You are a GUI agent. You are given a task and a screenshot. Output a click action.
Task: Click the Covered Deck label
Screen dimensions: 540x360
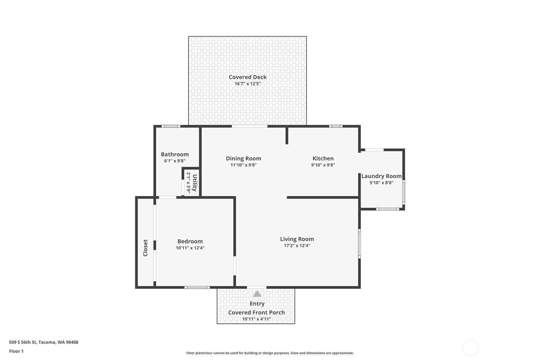(x=248, y=77)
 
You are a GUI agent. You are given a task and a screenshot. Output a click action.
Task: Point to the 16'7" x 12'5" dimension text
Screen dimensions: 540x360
(x=248, y=84)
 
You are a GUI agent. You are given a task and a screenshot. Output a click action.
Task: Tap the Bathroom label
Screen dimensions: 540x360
(x=175, y=154)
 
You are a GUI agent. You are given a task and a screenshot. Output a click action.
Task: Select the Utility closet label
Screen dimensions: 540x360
(x=195, y=182)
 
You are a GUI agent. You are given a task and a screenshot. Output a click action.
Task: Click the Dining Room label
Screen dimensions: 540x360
(x=243, y=159)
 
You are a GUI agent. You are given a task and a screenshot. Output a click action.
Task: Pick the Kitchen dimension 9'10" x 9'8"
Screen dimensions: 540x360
(x=323, y=165)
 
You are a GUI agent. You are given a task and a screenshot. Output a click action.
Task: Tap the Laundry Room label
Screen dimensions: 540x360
(x=382, y=176)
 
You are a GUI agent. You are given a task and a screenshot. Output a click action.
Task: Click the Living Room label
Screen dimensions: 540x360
(x=297, y=239)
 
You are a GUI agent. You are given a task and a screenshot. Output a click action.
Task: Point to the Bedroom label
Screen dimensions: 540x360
(x=190, y=241)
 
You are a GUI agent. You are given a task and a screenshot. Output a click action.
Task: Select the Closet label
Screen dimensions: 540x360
(x=145, y=248)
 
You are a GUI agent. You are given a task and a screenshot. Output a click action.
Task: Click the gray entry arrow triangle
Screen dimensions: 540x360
(x=257, y=294)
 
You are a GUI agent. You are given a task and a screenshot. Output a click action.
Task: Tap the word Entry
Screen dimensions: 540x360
(x=257, y=304)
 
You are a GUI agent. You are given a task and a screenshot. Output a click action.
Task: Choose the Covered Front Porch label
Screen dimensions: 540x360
(x=256, y=313)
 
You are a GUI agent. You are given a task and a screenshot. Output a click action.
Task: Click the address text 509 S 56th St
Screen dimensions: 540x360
(x=23, y=342)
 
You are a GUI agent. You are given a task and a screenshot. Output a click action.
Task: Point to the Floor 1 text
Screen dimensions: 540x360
(x=17, y=351)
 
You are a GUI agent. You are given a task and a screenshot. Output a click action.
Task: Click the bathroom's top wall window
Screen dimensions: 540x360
(x=171, y=126)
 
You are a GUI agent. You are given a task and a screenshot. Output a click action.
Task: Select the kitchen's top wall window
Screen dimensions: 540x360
(x=336, y=126)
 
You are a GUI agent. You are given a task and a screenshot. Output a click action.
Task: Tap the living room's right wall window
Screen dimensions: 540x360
(x=359, y=244)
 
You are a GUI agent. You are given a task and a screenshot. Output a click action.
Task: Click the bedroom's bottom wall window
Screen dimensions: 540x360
(x=197, y=287)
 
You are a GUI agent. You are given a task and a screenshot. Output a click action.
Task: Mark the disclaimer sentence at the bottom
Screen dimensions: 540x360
(x=270, y=353)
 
